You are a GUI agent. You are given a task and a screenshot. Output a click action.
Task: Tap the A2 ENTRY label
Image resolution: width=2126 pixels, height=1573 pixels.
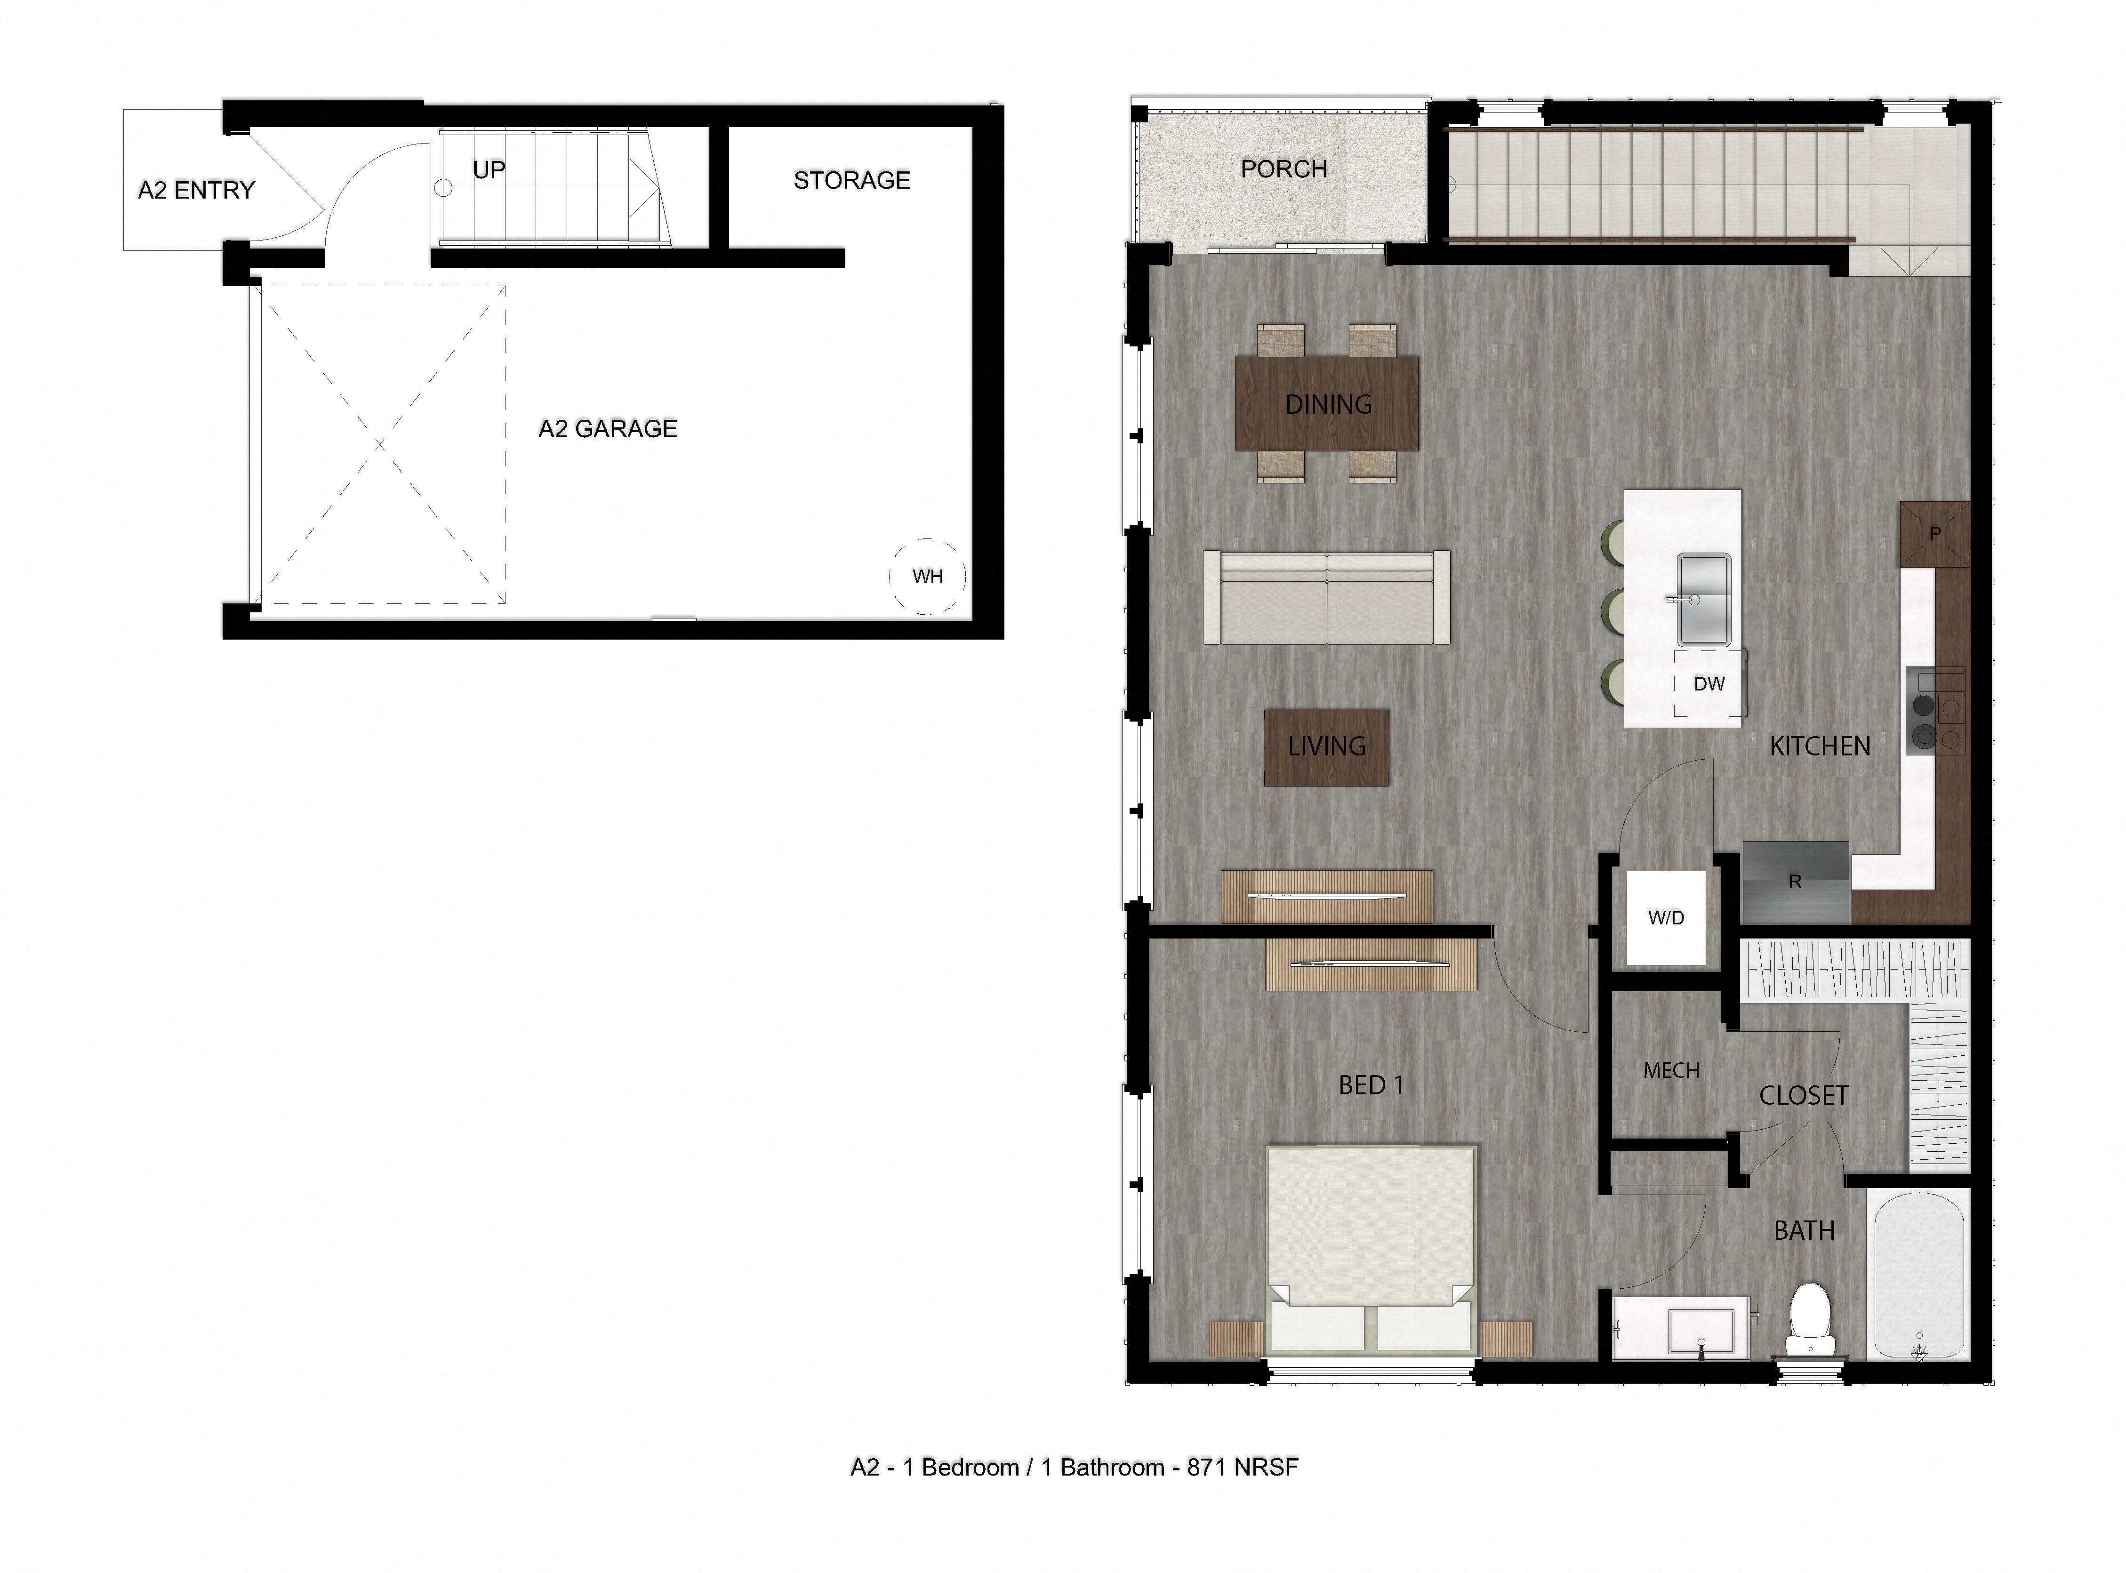coord(196,191)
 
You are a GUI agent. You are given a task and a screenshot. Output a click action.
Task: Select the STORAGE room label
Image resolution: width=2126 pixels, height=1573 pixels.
coord(851,180)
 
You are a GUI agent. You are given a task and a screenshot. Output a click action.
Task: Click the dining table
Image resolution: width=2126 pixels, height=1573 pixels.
coord(1326,404)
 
